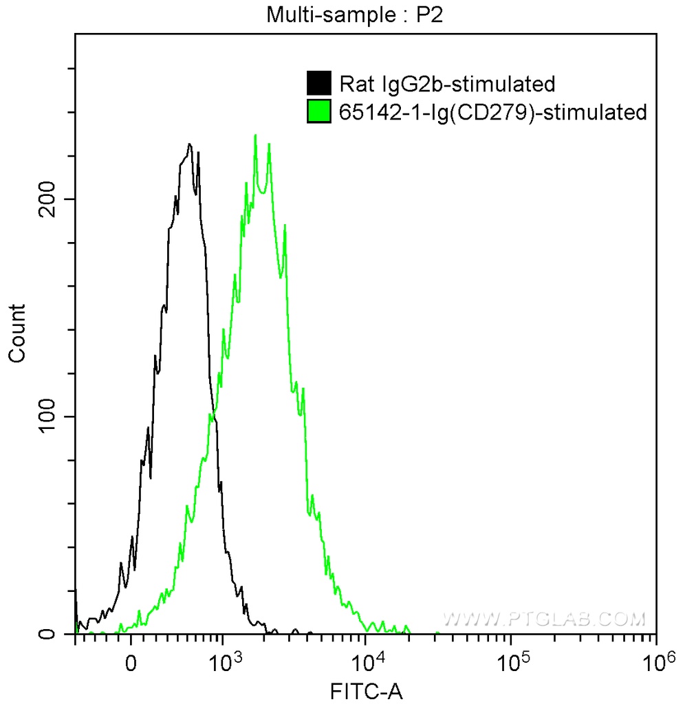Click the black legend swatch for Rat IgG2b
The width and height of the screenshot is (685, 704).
(x=318, y=83)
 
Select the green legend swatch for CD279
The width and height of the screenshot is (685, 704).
(x=318, y=111)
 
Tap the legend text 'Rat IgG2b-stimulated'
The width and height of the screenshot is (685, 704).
(x=447, y=84)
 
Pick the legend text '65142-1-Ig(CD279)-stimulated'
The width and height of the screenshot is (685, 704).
(x=493, y=111)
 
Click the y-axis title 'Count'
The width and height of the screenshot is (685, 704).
(x=17, y=333)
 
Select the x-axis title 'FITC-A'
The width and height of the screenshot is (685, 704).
(x=365, y=690)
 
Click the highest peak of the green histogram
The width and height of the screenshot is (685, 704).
(x=255, y=135)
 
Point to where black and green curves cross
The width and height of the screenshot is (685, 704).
(x=213, y=415)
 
